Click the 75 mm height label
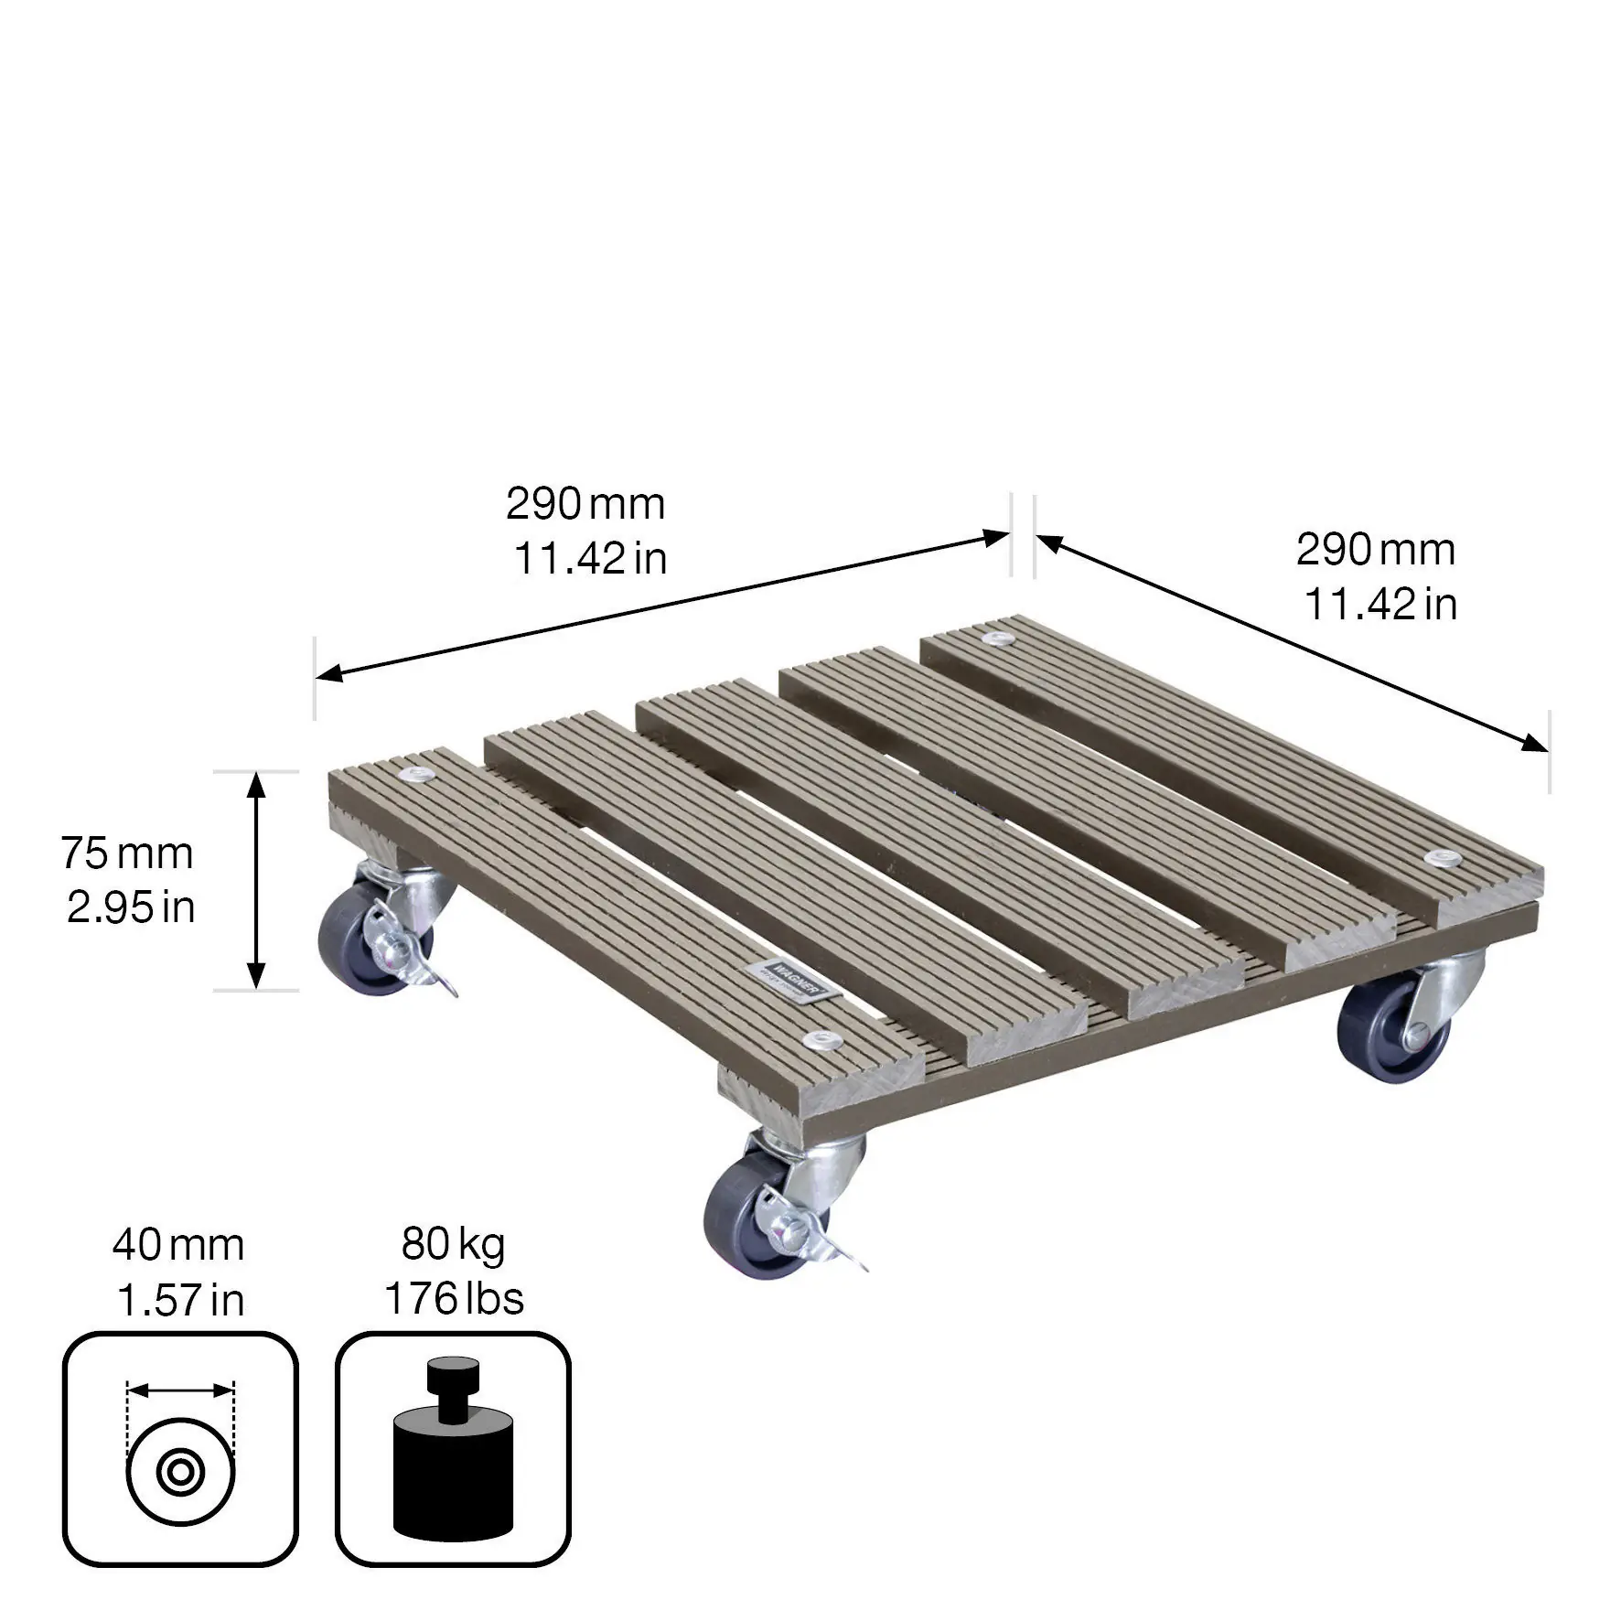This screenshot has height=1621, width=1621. pos(128,854)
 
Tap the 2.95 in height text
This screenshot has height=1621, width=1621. pos(131,908)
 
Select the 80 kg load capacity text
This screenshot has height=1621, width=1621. pos(453,1245)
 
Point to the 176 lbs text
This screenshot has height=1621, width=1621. pos(454,1299)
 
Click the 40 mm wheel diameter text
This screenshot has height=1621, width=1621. pos(178,1245)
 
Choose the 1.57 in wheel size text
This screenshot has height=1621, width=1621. pos(180,1300)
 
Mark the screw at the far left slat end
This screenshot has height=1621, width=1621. pos(422,776)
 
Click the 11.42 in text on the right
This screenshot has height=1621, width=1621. pos(1379,606)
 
